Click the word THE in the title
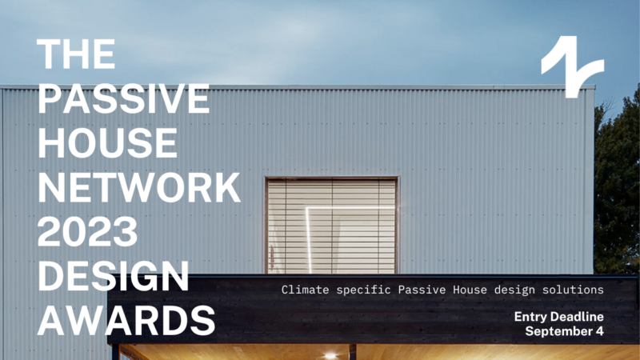[77, 54]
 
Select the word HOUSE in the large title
[108, 143]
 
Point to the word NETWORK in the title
[138, 188]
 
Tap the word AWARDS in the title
[126, 321]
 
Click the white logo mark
[571, 66]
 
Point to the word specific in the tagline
[366, 289]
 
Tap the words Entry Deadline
[558, 317]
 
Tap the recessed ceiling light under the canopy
[330, 354]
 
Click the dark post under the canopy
[352, 352]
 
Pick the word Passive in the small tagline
[423, 289]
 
